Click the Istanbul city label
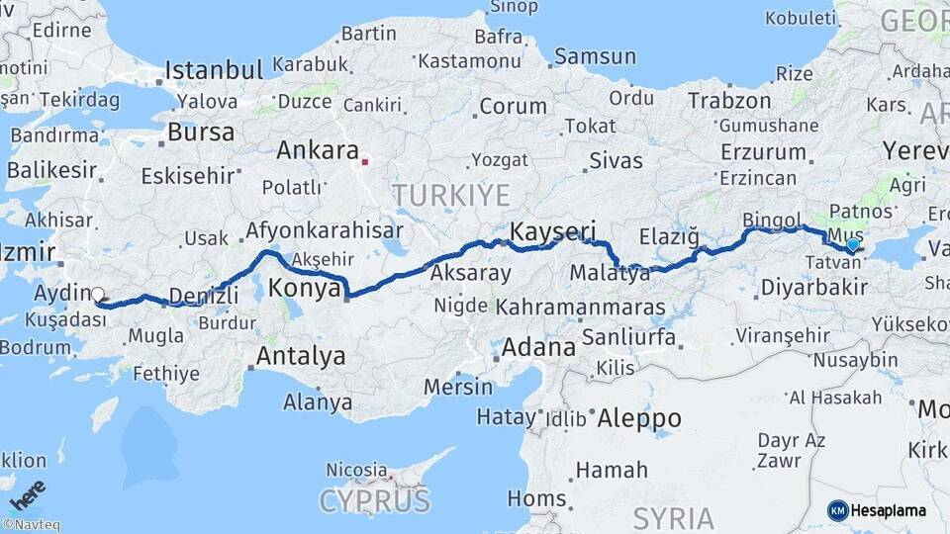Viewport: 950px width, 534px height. point(214,70)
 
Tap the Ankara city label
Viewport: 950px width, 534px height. point(317,151)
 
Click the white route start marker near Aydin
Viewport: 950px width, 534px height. point(97,294)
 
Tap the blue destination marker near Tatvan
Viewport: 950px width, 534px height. point(852,243)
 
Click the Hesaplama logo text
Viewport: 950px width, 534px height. point(889,510)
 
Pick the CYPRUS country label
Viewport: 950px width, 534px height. point(375,500)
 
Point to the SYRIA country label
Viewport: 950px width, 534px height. point(673,518)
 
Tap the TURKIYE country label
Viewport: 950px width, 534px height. point(450,194)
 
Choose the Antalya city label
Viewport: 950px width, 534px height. point(301,356)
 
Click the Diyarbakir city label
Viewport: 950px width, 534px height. point(814,288)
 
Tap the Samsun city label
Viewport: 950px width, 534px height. point(595,56)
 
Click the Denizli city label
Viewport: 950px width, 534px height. point(204,296)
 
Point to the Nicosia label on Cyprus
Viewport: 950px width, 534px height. point(356,469)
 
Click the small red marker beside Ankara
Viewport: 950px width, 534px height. point(365,161)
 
